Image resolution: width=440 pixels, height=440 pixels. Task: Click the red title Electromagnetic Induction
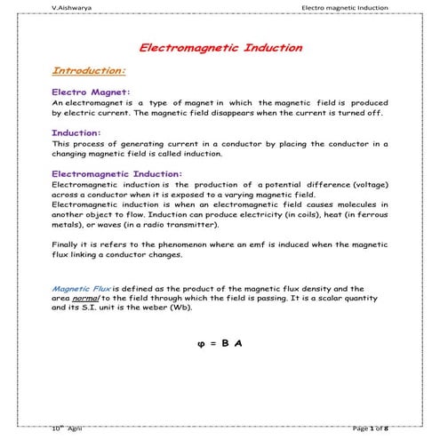pos(220,47)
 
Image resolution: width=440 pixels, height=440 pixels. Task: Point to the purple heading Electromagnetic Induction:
pos(117,173)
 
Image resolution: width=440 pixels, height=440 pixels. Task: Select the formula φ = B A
pos(220,342)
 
